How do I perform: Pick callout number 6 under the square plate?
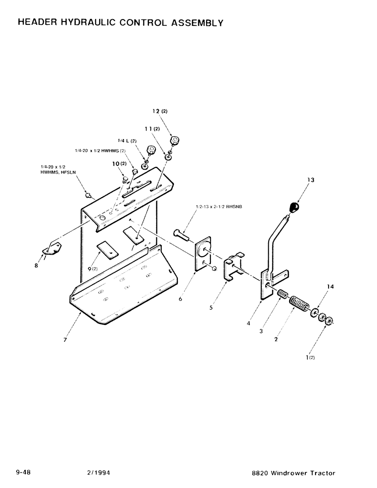tap(180, 299)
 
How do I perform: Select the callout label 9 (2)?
tap(92, 268)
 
